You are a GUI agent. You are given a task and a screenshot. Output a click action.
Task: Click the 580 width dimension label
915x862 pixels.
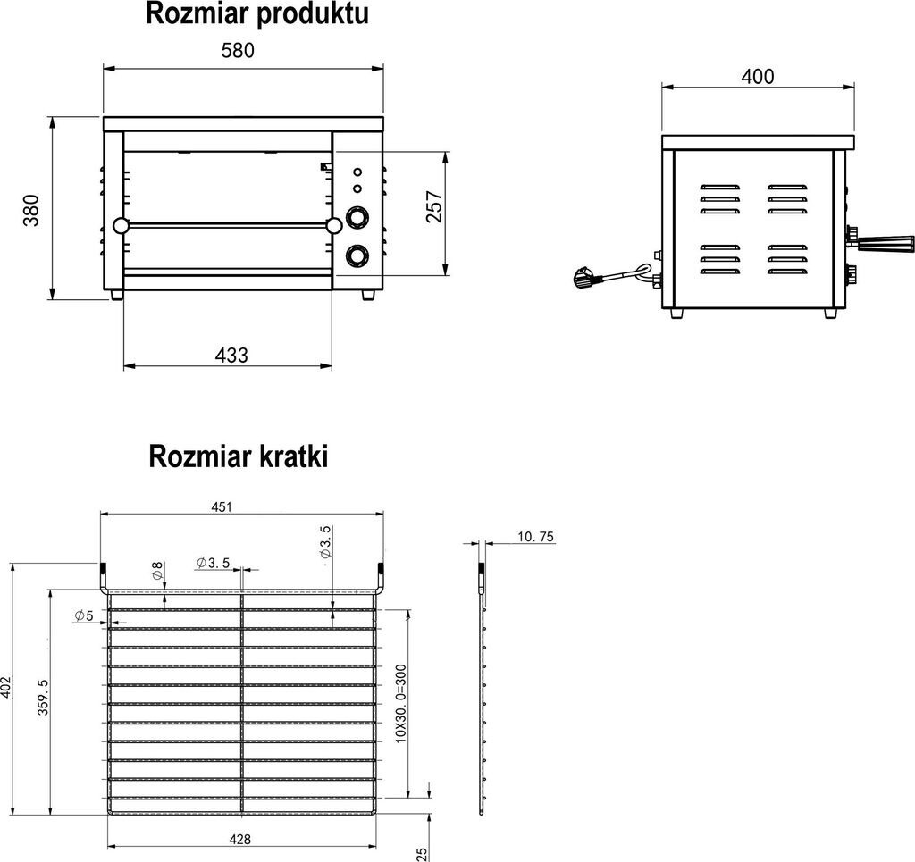point(238,51)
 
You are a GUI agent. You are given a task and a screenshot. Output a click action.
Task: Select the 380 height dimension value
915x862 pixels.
point(32,210)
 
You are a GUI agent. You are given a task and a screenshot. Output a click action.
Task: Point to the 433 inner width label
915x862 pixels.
point(231,355)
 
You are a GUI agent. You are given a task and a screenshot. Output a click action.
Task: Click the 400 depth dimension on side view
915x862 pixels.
point(758,77)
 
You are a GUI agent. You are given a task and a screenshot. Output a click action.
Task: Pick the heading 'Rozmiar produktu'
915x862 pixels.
point(256,15)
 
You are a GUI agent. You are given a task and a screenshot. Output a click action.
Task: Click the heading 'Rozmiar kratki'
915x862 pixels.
point(239,456)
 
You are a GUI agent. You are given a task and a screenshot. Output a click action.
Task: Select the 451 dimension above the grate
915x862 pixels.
point(222,507)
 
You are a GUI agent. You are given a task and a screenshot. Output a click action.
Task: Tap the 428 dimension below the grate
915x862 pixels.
point(239,839)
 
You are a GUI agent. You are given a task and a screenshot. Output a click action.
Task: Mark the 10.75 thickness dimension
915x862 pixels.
point(536,537)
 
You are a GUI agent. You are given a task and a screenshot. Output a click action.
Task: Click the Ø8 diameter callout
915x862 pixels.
point(157,572)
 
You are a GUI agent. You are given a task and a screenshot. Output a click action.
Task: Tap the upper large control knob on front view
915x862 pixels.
point(356,218)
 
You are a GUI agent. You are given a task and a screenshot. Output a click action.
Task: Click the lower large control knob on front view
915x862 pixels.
point(356,256)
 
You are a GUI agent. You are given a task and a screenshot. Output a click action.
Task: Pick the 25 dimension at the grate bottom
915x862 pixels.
point(422,853)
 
